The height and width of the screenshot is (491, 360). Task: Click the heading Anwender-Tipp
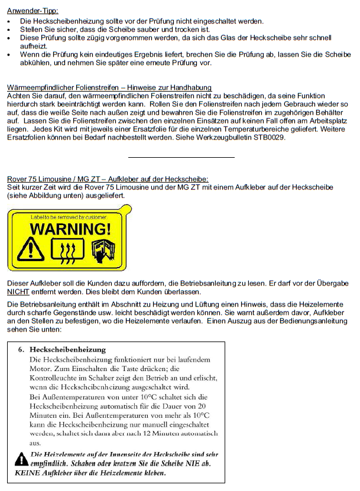33,11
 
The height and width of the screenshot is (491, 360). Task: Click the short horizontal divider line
181,157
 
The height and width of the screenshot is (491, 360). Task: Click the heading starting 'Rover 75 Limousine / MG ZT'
108,178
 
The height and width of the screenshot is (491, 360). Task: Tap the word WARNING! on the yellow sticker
71,228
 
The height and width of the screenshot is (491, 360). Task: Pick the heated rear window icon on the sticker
66,251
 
